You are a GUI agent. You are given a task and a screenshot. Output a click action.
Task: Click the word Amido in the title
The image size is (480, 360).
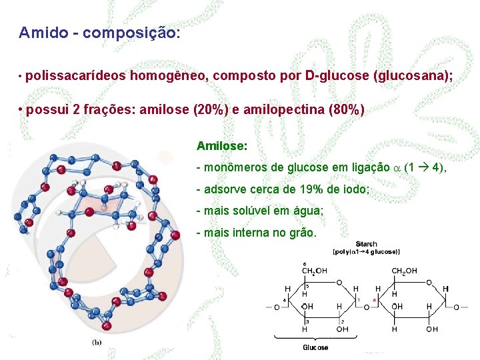click(43, 32)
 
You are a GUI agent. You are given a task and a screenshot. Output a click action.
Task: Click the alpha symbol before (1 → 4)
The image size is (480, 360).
click(397, 167)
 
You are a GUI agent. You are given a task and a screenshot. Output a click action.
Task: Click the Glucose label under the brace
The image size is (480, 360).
click(315, 347)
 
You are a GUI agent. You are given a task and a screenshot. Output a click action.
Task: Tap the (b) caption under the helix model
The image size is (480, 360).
click(97, 342)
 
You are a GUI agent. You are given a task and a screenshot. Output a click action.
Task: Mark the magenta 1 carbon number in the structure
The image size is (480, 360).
click(359, 299)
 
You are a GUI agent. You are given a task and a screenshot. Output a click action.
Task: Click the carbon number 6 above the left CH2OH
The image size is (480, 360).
click(305, 263)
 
